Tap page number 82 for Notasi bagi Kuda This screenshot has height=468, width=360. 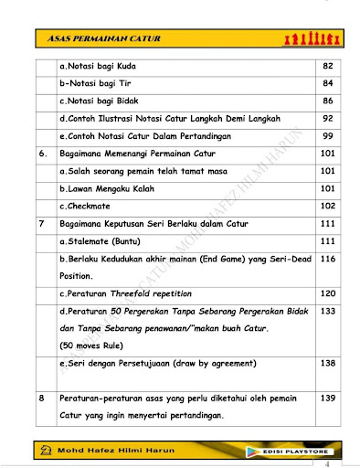[x=328, y=67]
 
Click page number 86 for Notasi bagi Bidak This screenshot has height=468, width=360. [x=328, y=101]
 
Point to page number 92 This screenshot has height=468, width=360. [x=328, y=119]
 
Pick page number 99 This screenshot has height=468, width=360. [x=328, y=136]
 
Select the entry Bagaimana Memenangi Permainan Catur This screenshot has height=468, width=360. [x=141, y=154]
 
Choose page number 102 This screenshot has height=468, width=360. [x=328, y=206]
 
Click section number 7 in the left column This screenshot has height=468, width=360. [x=42, y=223]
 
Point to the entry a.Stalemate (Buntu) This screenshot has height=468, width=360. [x=105, y=240]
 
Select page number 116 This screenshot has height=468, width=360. [x=328, y=260]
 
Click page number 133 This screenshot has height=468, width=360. [x=328, y=312]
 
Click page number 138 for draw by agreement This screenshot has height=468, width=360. [x=328, y=364]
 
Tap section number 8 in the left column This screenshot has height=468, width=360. [x=42, y=399]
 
